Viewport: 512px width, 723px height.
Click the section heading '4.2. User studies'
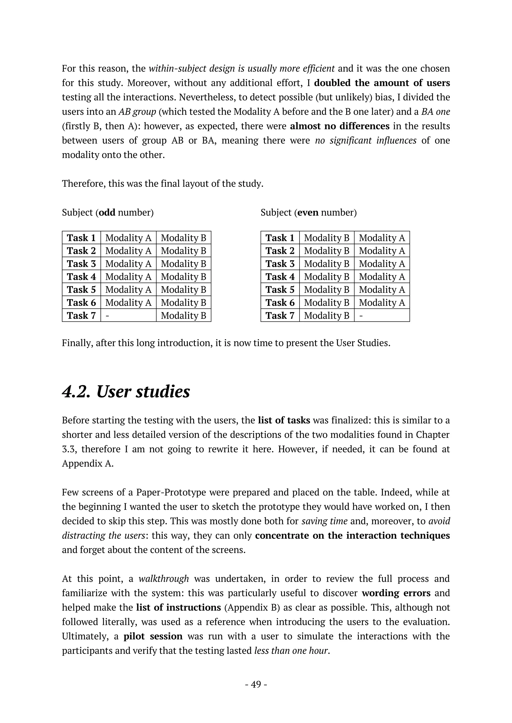click(126, 392)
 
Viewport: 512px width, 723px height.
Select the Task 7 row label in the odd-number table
click(81, 315)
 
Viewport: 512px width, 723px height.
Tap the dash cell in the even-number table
click(361, 315)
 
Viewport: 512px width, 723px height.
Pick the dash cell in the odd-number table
click(107, 315)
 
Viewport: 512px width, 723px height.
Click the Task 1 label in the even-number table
click(280, 238)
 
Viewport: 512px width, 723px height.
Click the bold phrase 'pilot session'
click(153, 636)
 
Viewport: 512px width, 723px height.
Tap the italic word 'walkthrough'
click(164, 579)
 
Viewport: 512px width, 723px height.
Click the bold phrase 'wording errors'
click(396, 593)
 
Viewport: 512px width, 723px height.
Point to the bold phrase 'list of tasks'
click(284, 420)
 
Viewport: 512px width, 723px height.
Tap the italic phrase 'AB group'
click(137, 112)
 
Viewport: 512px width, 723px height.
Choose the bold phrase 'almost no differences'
click(339, 126)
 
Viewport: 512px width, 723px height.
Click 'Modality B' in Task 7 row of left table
click(183, 315)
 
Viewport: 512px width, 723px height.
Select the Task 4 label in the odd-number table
click(81, 276)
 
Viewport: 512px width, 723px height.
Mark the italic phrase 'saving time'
click(324, 521)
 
